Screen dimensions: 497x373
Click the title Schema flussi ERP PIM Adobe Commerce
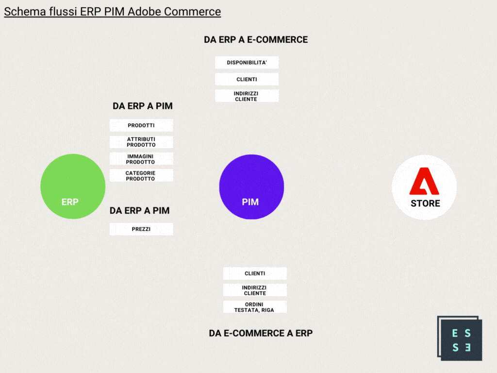(x=112, y=12)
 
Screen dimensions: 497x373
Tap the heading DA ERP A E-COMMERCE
(x=256, y=40)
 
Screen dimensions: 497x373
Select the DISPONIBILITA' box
(x=247, y=63)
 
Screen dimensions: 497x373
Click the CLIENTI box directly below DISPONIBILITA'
(x=247, y=79)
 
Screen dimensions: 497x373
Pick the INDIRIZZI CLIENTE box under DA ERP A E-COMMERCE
(x=247, y=96)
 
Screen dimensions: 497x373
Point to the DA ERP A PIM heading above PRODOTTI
(x=143, y=106)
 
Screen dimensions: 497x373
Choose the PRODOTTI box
(x=141, y=125)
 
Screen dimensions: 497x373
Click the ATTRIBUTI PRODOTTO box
(x=141, y=142)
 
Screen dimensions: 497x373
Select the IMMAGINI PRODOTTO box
(x=141, y=159)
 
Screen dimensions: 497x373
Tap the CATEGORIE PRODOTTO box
(x=141, y=176)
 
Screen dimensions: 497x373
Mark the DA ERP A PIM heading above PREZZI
(x=139, y=211)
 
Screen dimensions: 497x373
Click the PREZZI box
(x=141, y=229)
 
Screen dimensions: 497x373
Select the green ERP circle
(x=73, y=186)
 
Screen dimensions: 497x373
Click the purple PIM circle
(x=252, y=187)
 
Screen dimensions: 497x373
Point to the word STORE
(x=425, y=203)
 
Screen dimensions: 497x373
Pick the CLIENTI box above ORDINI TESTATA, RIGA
(x=255, y=273)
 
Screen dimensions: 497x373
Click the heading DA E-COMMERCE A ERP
(x=261, y=333)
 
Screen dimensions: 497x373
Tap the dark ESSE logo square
(x=460, y=339)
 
